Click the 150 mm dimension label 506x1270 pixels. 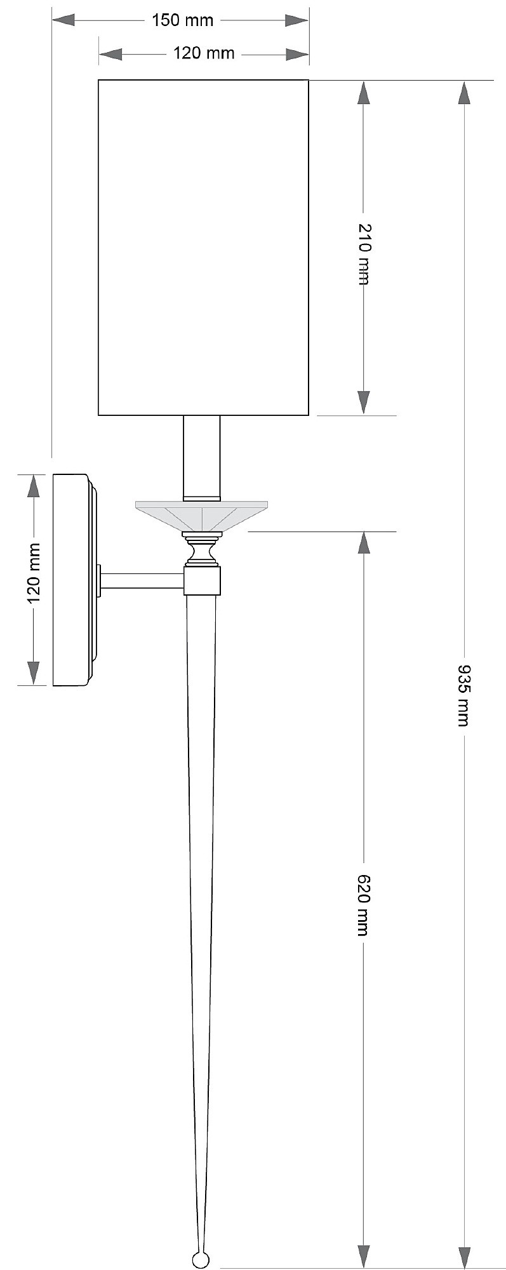coord(182,20)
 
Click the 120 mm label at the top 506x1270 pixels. coord(204,53)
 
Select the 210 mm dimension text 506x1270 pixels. coord(363,254)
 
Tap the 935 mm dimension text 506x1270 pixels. coord(465,695)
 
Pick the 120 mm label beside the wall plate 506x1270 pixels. coord(33,573)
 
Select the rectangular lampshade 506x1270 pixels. coord(203,248)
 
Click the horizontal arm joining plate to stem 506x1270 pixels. coord(142,580)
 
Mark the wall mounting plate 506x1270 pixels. coord(71,579)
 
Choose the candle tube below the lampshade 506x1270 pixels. coord(202,457)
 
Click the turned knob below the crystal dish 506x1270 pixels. coord(202,550)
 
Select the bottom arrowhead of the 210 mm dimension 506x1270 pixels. coord(363,401)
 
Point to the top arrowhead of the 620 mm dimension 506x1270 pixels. coord(363,542)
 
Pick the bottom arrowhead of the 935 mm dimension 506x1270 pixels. coord(465,1256)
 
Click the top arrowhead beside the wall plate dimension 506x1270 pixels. coord(33,486)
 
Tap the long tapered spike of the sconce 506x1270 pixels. coord(202,889)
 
